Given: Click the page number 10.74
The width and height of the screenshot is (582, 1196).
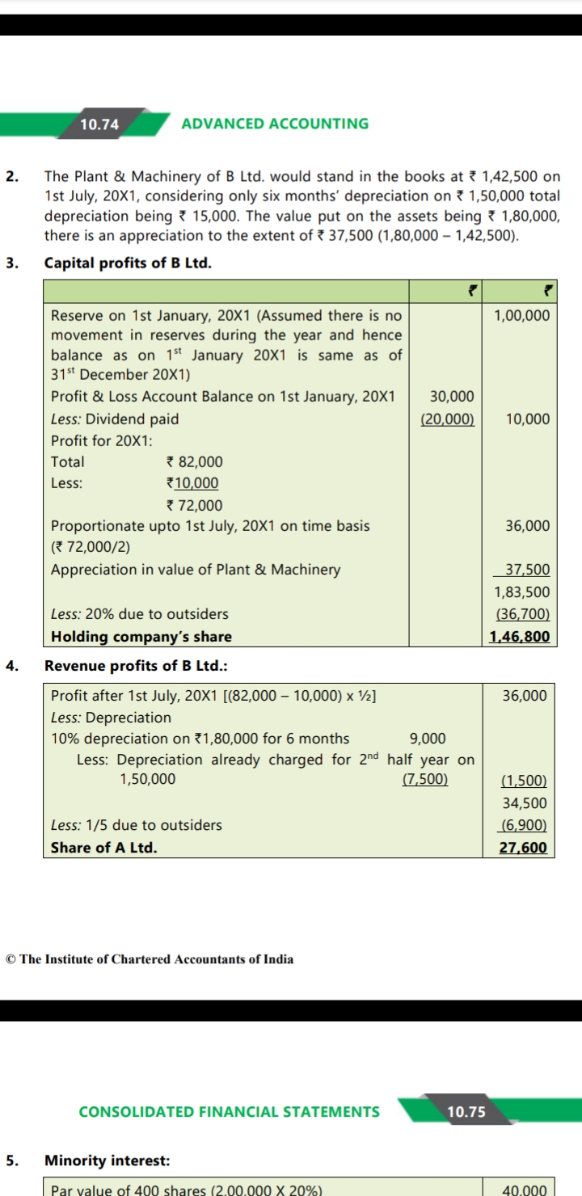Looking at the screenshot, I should (99, 124).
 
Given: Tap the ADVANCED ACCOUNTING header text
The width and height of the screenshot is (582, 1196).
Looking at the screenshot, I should (275, 124).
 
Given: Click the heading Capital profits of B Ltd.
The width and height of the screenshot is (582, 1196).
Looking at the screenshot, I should (128, 263).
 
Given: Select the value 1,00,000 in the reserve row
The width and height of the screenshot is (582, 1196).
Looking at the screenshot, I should (521, 315).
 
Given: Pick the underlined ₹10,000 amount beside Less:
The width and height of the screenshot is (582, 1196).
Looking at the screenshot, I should (192, 483).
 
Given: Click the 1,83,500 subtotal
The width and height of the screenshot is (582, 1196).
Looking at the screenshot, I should (521, 592).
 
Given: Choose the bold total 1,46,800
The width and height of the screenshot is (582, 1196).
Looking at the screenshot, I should (520, 637).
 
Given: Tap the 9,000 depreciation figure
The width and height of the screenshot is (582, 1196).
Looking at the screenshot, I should (428, 739).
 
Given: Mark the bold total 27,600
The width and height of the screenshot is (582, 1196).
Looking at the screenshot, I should (524, 848).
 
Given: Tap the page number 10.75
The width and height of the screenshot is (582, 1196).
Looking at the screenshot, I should (466, 1111).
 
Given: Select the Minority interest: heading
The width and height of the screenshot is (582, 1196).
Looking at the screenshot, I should (107, 1160).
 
